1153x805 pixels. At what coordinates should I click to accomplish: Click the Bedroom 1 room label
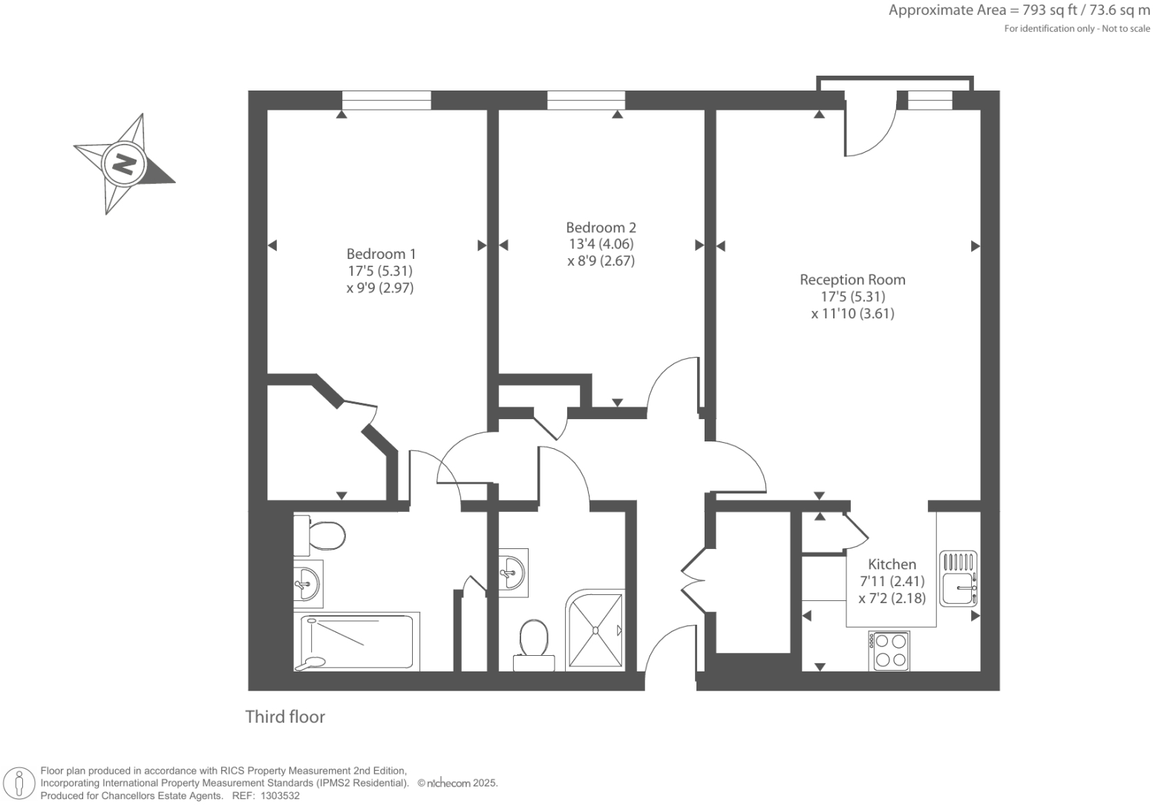click(381, 254)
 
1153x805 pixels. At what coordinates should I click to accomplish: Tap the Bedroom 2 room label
click(601, 228)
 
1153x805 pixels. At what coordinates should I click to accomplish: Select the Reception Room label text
click(852, 280)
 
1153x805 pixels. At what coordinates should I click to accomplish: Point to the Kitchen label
click(892, 565)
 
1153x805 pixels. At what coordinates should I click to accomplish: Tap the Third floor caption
click(285, 717)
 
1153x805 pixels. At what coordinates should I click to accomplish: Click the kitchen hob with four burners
click(891, 650)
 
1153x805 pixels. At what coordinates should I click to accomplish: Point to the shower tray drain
click(595, 631)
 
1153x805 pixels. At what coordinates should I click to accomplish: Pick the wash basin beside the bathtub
click(307, 582)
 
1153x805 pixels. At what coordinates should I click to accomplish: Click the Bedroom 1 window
click(386, 100)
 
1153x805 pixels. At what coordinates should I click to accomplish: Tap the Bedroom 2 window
click(586, 100)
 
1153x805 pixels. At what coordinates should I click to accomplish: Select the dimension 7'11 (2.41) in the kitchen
click(892, 582)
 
